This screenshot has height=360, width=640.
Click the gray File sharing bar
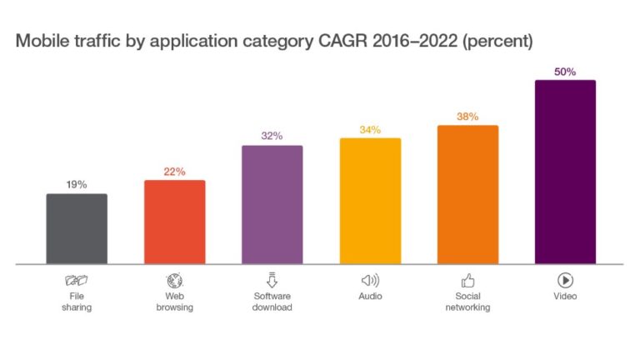(x=77, y=229)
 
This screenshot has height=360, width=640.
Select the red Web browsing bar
(x=174, y=222)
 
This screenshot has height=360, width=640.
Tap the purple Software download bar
(x=272, y=205)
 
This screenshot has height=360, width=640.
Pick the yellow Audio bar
(x=370, y=202)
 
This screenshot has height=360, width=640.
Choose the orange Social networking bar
(x=467, y=195)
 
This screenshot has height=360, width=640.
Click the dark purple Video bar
(x=565, y=172)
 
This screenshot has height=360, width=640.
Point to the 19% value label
(x=77, y=185)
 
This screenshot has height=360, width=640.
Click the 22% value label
(x=174, y=172)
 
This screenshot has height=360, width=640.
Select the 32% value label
(x=272, y=136)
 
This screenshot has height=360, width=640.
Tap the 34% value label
(x=370, y=129)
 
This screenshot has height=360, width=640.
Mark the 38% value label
(x=467, y=117)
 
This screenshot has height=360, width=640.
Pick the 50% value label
(x=565, y=72)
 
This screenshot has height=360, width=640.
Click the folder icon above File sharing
(x=77, y=280)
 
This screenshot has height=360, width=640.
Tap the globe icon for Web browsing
(x=174, y=280)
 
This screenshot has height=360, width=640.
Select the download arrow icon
(x=272, y=280)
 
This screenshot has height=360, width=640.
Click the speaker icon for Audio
(x=370, y=280)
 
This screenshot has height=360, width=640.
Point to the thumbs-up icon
(x=467, y=280)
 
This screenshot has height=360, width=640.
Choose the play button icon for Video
(x=565, y=280)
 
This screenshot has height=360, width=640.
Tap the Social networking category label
(x=467, y=302)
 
